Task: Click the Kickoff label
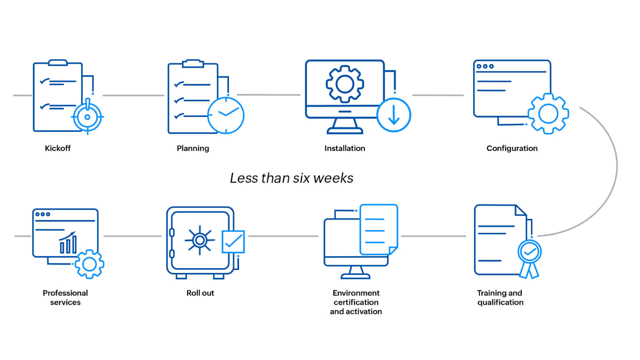pos(58,148)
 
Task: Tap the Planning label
pos(193,148)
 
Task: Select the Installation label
pos(345,148)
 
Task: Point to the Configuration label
pos(512,148)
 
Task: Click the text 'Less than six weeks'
pos(292,178)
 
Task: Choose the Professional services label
pos(65,298)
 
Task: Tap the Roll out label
pos(200,293)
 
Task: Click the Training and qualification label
pos(500,298)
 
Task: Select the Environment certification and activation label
pos(356,302)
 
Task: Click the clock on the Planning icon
pos(226,115)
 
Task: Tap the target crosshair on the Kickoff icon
pos(87,117)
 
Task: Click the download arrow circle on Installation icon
pos(394,115)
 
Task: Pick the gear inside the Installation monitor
pos(345,84)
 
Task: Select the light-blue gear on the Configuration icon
pos(548,114)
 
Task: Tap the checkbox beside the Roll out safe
pos(233,242)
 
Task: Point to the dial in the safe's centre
pos(200,240)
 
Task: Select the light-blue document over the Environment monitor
pos(379,229)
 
